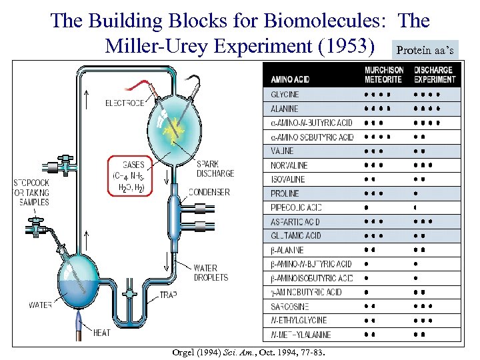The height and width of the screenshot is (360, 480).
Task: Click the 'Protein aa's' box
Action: (427, 50)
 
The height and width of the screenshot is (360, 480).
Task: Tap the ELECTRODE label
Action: (125, 103)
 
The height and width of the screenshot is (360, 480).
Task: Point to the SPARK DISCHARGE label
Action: (215, 169)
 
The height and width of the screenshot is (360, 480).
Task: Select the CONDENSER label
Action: (210, 192)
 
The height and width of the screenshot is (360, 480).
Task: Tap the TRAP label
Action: (168, 295)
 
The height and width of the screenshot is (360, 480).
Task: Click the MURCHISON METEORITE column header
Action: (384, 75)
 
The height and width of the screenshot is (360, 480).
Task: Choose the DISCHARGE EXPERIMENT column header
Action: (434, 75)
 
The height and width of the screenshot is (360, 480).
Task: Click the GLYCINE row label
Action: (285, 95)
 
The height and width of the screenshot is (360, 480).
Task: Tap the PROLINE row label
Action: (285, 193)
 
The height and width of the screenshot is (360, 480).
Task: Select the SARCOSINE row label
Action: (289, 306)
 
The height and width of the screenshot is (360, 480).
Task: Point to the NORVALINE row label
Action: (289, 165)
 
